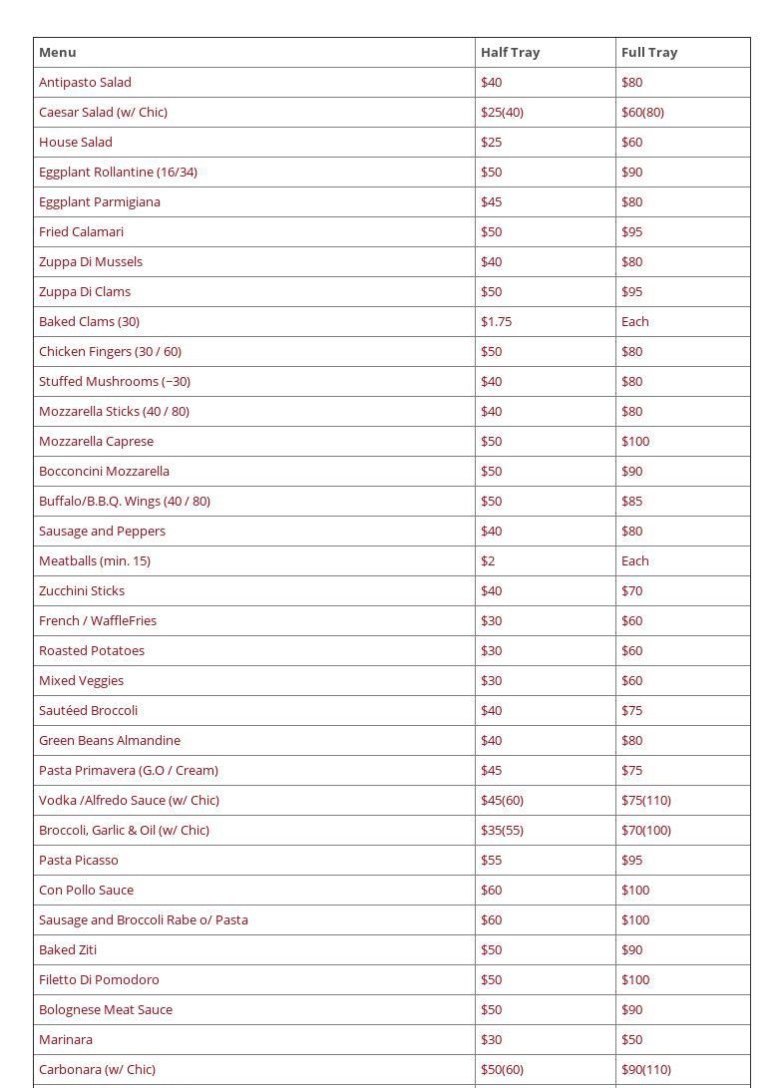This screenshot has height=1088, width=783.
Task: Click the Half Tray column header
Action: tap(510, 52)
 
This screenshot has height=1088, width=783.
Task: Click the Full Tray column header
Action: tap(649, 52)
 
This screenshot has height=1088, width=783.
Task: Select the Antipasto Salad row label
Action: tap(85, 82)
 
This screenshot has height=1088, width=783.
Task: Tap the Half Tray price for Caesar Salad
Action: tap(502, 112)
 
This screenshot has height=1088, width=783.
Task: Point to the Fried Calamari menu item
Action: tap(81, 231)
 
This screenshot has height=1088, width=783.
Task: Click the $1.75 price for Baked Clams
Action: tap(496, 321)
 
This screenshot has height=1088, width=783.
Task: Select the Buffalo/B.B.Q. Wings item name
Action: tap(125, 501)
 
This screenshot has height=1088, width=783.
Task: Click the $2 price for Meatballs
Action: tap(488, 560)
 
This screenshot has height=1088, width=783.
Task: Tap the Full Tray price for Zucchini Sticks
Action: tap(631, 590)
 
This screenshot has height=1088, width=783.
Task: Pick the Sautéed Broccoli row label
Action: tap(88, 710)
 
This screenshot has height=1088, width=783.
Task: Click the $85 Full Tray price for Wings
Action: tap(631, 501)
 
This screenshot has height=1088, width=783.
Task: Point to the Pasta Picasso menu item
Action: tap(79, 860)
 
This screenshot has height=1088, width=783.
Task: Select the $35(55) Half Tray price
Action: tap(502, 830)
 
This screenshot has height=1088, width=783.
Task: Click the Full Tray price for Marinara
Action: tap(631, 1039)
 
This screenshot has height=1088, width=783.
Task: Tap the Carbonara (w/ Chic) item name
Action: tap(97, 1069)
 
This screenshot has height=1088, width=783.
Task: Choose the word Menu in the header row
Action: tap(58, 52)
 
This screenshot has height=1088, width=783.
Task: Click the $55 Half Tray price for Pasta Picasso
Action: tap(492, 860)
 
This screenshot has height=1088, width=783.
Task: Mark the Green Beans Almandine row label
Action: tap(110, 740)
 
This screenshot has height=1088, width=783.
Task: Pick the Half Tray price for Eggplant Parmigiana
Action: tap(492, 201)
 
